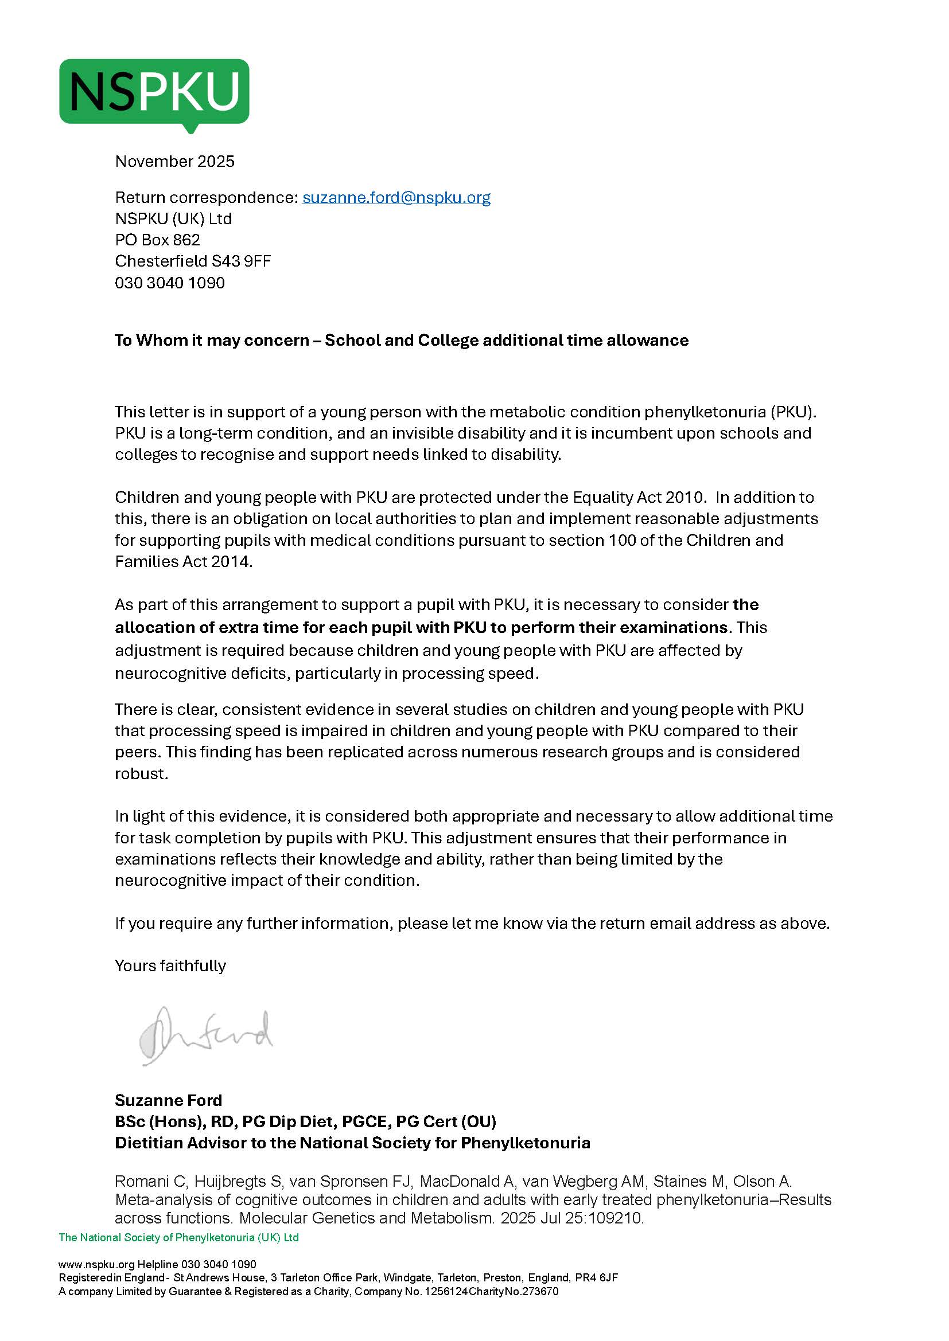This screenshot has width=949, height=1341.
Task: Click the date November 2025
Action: pos(175,161)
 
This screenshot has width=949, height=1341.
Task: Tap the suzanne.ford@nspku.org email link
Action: pos(396,197)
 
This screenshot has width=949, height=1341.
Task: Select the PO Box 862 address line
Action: pos(157,240)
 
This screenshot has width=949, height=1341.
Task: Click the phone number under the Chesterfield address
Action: pos(169,283)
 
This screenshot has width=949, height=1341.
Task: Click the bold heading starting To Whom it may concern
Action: pos(402,340)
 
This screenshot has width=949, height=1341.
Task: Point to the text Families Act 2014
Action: pos(184,561)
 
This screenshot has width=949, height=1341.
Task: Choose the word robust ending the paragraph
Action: pos(141,773)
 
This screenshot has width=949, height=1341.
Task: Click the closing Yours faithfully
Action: pos(170,965)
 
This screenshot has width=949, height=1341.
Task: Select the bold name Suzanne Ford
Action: pos(168,1100)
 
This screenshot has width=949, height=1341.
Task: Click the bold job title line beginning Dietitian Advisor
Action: pos(352,1143)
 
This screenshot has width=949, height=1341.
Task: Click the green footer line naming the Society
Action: pos(179,1237)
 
